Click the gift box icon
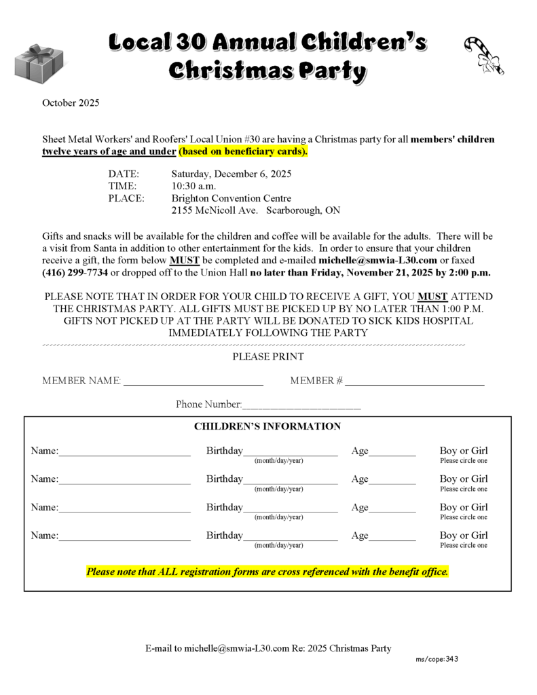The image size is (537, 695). pos(39,63)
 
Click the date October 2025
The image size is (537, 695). pos(71,103)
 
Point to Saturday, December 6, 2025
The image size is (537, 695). pos(231,173)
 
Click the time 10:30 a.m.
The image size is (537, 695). pos(193,186)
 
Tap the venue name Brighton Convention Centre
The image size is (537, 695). pos(231,198)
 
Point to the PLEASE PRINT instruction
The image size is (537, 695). pos(268,356)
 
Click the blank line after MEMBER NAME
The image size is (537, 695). pos(193,384)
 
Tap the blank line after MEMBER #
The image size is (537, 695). pos(414,384)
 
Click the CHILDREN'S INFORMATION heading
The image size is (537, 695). pos(267,426)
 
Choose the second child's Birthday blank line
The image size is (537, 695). pos(290,483)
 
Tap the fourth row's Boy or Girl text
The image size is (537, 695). pos(464,536)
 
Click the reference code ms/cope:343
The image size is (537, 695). pos(437,659)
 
